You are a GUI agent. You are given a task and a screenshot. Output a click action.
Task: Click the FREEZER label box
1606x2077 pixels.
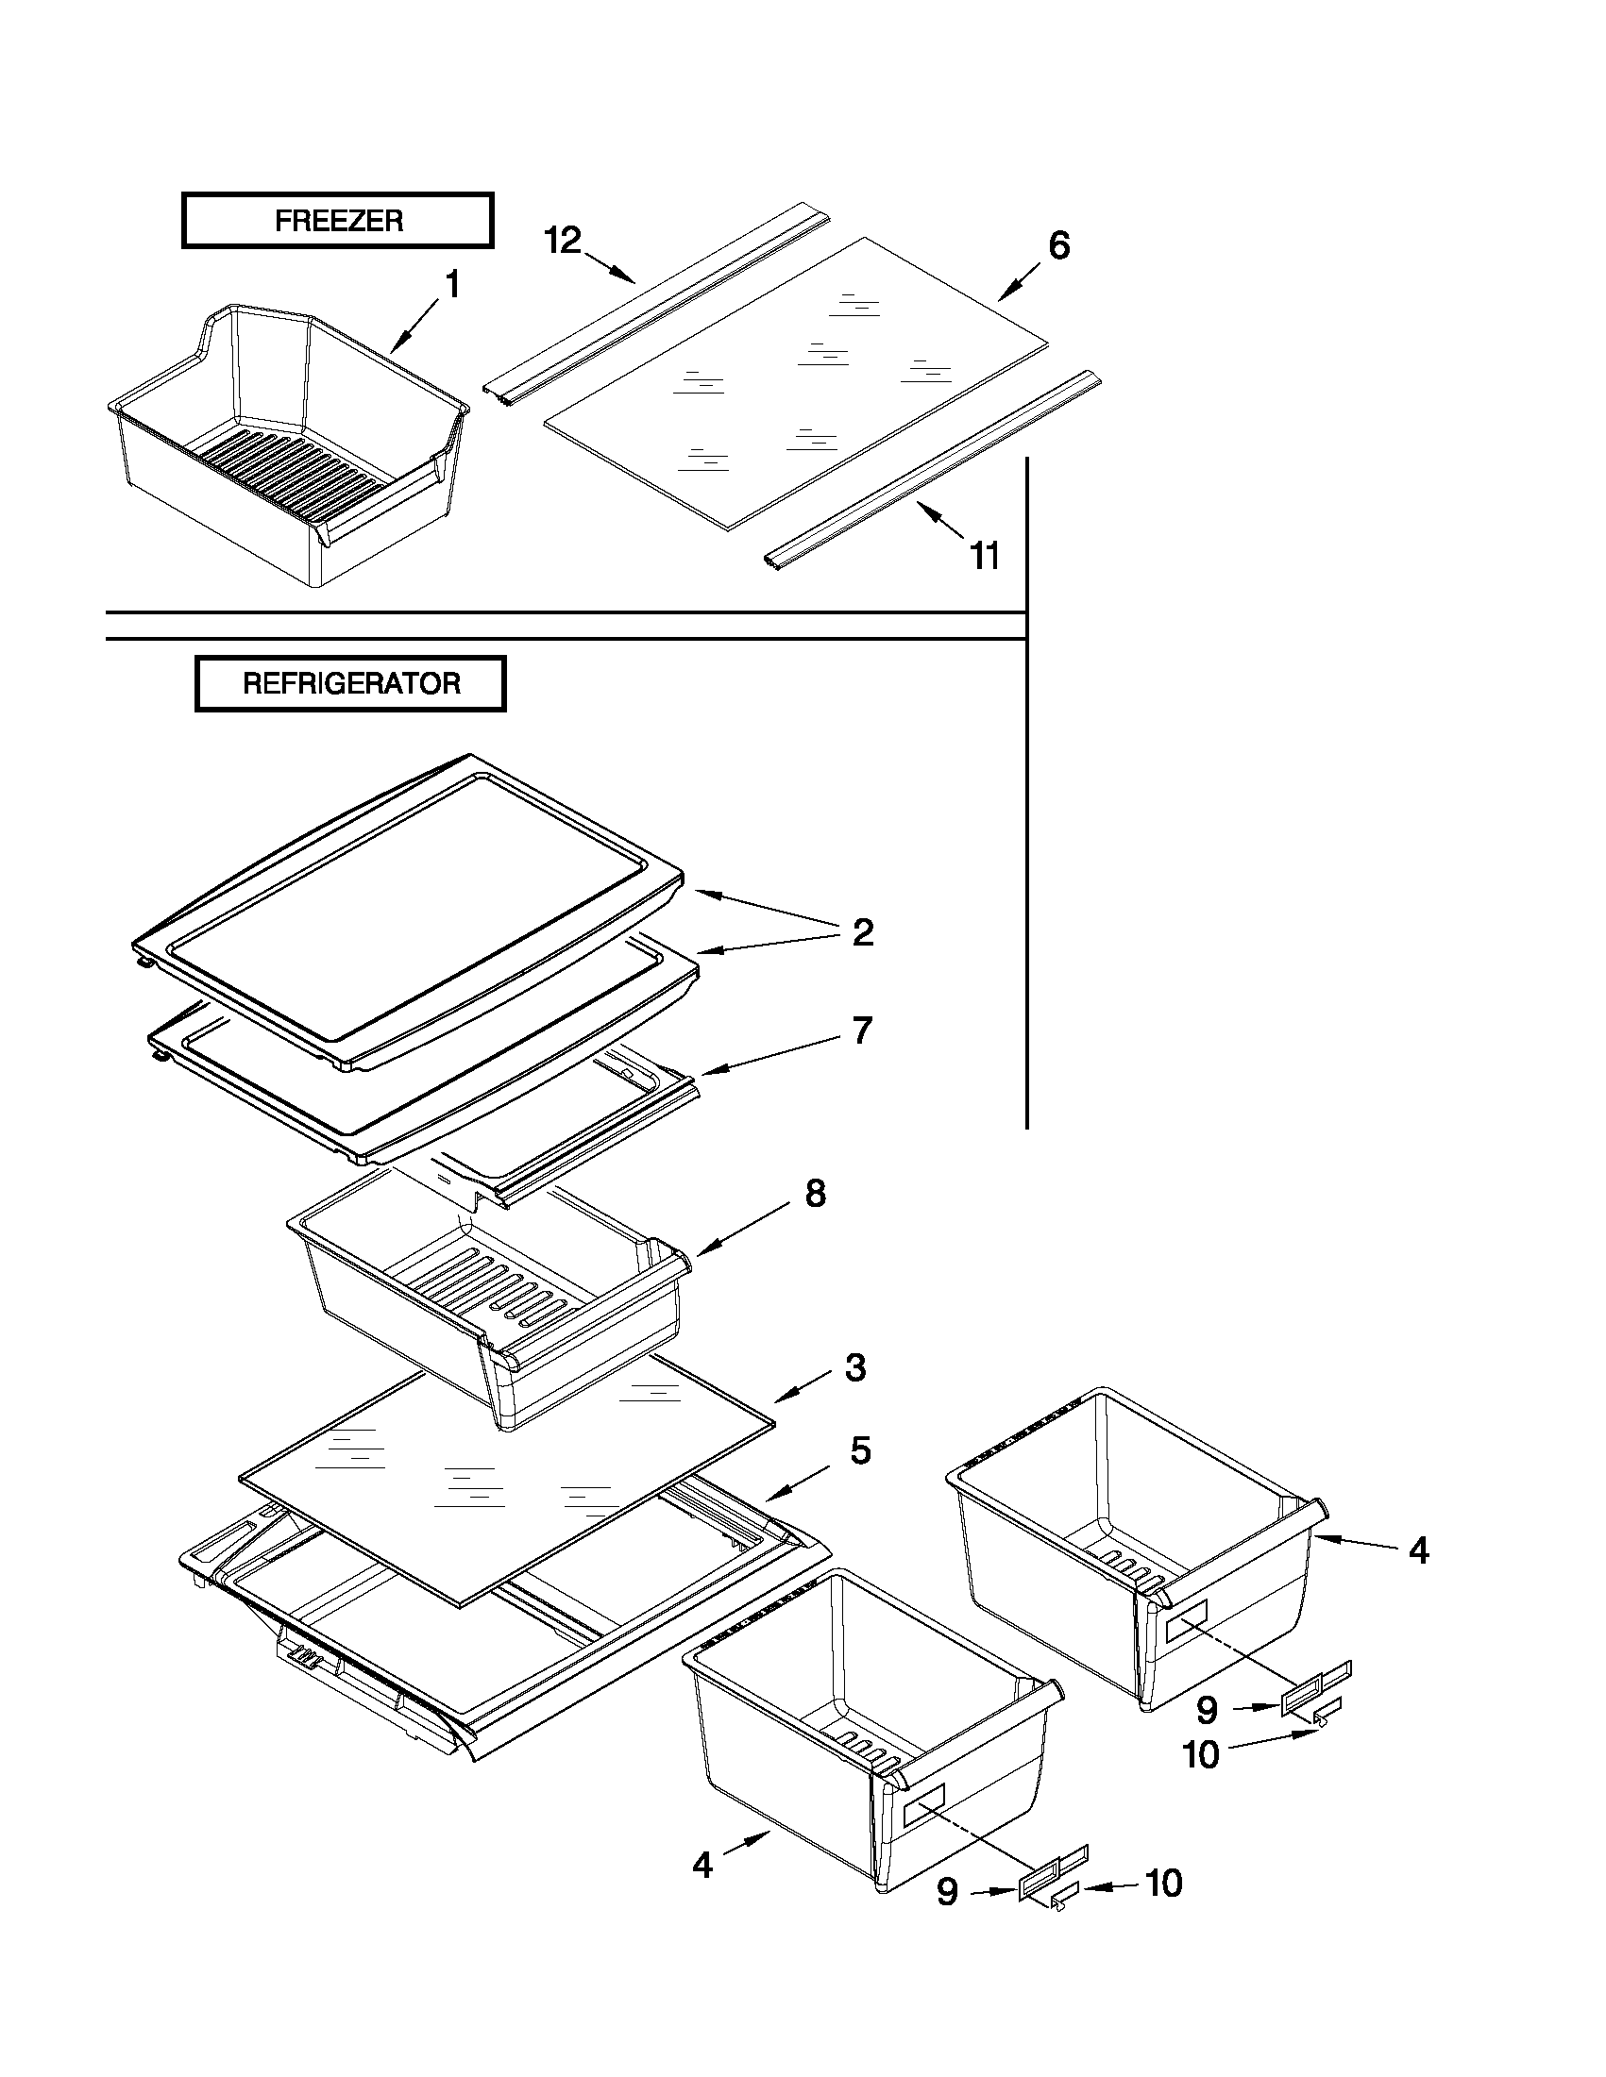pyautogui.click(x=338, y=221)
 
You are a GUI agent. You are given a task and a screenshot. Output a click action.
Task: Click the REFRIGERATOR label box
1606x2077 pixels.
pyautogui.click(x=350, y=683)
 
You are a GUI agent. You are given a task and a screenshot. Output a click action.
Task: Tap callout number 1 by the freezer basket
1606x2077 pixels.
pyautogui.click(x=453, y=284)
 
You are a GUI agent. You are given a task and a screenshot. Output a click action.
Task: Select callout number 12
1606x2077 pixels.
pyautogui.click(x=563, y=241)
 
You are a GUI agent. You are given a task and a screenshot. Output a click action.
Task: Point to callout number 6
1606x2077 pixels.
pyautogui.click(x=1059, y=245)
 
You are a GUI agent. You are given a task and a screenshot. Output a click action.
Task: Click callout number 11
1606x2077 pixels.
pyautogui.click(x=985, y=556)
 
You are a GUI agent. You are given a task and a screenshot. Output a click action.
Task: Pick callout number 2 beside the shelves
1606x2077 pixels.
pyautogui.click(x=862, y=932)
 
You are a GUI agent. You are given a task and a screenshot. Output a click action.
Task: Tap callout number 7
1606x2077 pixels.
pyautogui.click(x=862, y=1030)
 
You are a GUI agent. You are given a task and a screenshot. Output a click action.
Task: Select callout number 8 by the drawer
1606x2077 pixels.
pyautogui.click(x=816, y=1194)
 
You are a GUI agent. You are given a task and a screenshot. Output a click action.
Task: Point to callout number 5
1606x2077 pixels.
pyautogui.click(x=860, y=1450)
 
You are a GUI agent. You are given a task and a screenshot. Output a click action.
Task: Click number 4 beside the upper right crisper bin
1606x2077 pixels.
pyautogui.click(x=1417, y=1551)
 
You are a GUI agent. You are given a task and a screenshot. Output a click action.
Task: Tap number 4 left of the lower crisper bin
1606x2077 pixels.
pyautogui.click(x=702, y=1865)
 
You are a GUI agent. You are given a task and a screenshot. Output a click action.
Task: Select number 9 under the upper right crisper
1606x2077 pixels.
pyautogui.click(x=1207, y=1710)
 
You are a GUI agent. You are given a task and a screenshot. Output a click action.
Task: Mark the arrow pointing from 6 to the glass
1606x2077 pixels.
pyautogui.click(x=1019, y=282)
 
